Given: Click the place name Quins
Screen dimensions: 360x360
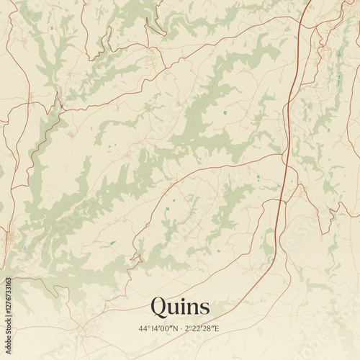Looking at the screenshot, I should (180, 307).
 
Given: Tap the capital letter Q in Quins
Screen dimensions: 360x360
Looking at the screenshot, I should (158, 307).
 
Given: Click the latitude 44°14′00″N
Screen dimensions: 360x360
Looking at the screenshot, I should (158, 329).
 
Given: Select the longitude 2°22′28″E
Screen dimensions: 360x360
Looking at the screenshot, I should (202, 329).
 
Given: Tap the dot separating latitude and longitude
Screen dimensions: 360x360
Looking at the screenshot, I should (179, 329).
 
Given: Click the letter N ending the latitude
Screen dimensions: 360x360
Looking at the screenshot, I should (173, 329).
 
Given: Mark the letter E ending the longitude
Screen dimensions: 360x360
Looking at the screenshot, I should (216, 329).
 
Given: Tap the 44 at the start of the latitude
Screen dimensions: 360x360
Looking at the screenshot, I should (143, 329).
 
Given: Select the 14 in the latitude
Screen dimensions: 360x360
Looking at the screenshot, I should (153, 329).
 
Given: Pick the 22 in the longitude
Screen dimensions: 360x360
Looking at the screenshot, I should (197, 329).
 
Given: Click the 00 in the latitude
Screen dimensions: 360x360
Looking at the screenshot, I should (164, 329).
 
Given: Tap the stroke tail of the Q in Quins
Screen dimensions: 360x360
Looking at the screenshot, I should (163, 315).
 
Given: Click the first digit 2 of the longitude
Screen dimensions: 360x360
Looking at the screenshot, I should (186, 329).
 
